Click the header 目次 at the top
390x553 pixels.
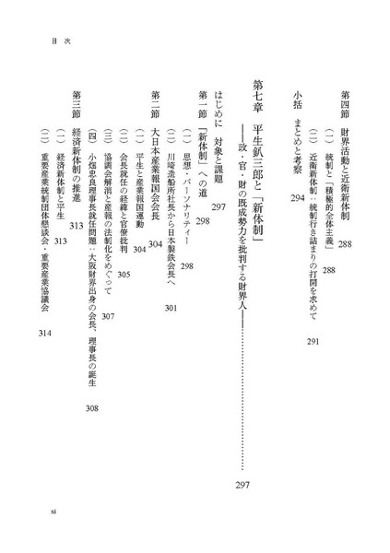(61, 41)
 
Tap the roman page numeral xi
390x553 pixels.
(53, 511)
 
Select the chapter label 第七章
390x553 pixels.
(258, 96)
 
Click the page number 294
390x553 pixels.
(298, 198)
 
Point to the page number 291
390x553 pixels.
(313, 341)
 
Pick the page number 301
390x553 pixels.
(171, 308)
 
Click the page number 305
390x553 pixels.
(124, 275)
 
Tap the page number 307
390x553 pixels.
(108, 316)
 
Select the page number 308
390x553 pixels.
(92, 408)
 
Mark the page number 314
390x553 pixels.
(45, 333)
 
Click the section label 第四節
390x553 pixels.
(345, 104)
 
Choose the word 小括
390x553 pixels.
(297, 100)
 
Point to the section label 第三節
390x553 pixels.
(77, 104)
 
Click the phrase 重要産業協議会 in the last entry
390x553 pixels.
(45, 286)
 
